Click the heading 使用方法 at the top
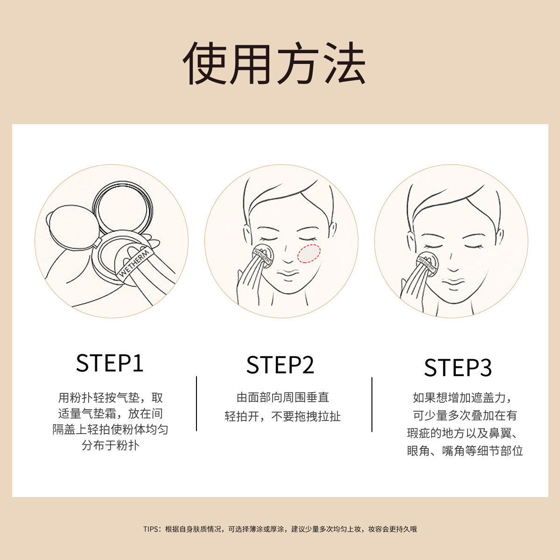(274, 64)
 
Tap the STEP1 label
(110, 364)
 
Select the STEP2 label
(280, 365)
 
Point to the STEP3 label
(458, 368)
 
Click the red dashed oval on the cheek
(308, 253)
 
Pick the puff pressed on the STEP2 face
(263, 256)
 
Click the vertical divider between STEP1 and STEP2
(196, 404)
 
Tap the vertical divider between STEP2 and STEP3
(372, 404)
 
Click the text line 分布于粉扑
(111, 445)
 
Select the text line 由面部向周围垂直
(283, 398)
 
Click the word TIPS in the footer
(151, 529)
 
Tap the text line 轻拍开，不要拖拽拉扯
(283, 416)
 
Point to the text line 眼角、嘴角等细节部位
(465, 451)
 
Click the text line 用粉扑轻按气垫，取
(111, 398)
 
